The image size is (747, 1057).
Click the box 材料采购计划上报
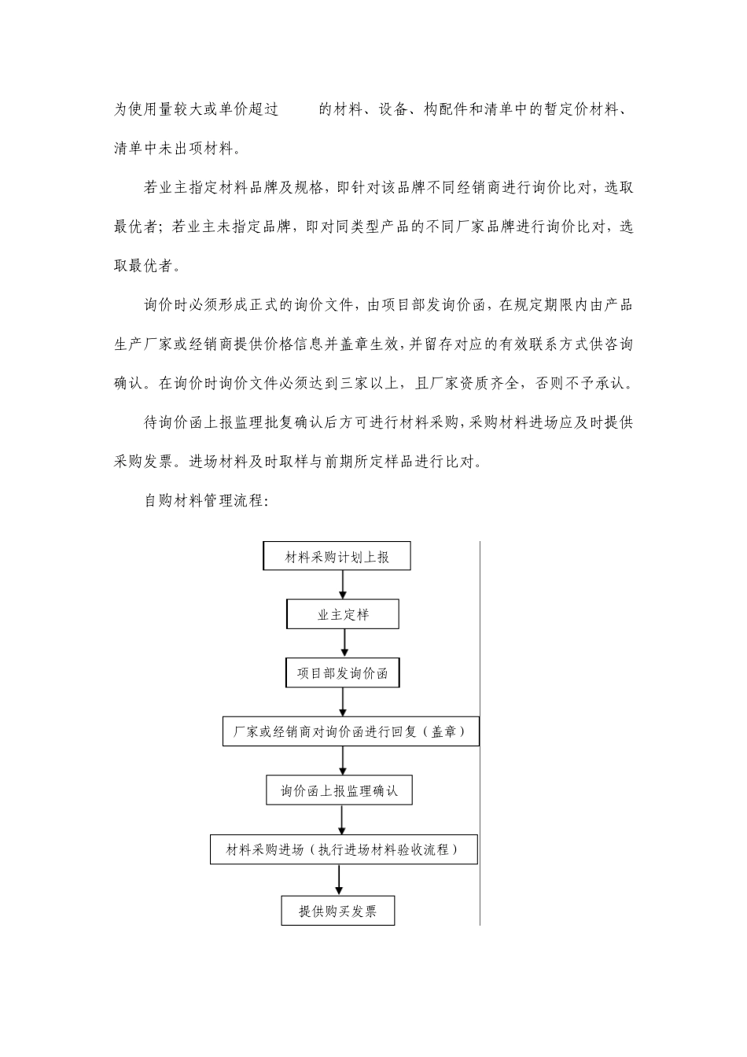pos(337,557)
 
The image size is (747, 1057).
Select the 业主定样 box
pos(343,614)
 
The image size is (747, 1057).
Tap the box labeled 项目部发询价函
pos(342,673)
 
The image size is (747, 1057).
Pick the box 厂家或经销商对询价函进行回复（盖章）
pos(350,731)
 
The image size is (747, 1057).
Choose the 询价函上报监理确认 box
pos(339,790)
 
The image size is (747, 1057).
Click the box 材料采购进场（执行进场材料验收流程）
pos(343,849)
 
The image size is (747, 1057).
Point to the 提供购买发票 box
pos(338,911)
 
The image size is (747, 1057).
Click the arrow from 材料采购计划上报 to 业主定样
pos(343,584)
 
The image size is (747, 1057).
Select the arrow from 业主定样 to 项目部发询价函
pos(344,643)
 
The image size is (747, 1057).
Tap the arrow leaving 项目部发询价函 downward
pos(343,702)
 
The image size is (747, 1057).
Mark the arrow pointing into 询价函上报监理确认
pos(343,761)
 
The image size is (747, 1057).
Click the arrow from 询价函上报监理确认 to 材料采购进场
pos(341,819)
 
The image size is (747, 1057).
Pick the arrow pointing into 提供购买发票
pos(339,880)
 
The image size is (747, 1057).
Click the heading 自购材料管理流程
pos(207,500)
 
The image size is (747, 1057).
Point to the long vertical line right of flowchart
pos(480,731)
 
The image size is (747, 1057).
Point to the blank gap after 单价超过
pos(299,109)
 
